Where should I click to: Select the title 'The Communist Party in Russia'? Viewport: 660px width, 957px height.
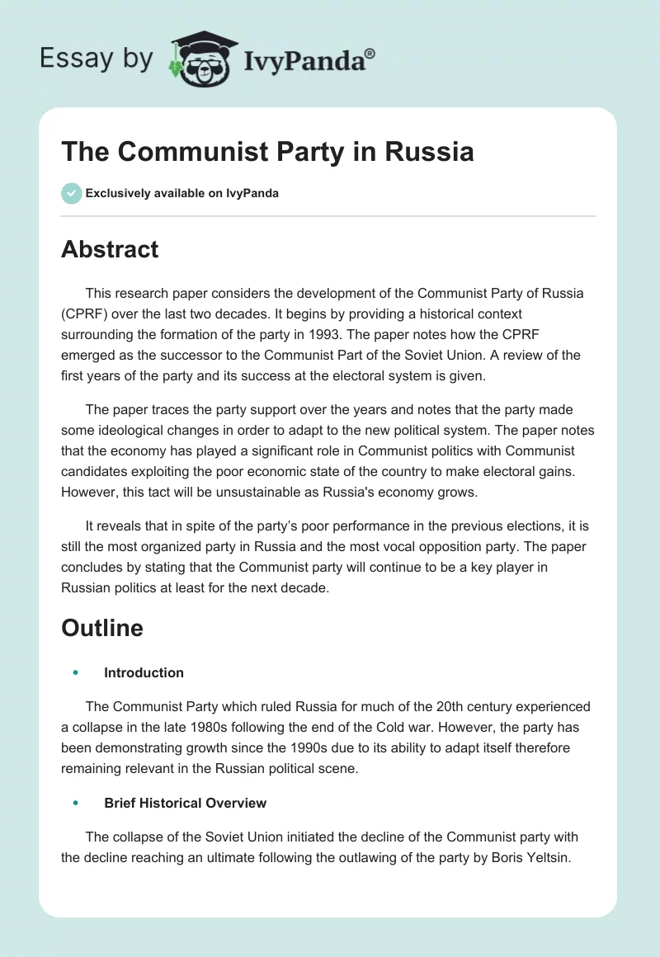tap(267, 153)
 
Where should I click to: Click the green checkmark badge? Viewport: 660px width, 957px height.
tap(71, 193)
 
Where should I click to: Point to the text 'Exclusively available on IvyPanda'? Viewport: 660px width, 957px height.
tap(182, 193)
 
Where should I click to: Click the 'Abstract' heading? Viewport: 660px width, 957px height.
tap(110, 249)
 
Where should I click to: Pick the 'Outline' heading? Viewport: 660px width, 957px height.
tap(102, 628)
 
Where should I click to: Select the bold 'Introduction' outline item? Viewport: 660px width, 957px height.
tap(144, 672)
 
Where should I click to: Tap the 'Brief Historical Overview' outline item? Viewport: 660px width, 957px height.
tap(185, 803)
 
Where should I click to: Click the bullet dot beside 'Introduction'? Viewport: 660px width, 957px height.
tap(75, 672)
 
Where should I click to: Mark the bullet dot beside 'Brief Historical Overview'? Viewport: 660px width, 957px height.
tap(75, 803)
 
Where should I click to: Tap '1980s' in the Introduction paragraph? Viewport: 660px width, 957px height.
tap(222, 728)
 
